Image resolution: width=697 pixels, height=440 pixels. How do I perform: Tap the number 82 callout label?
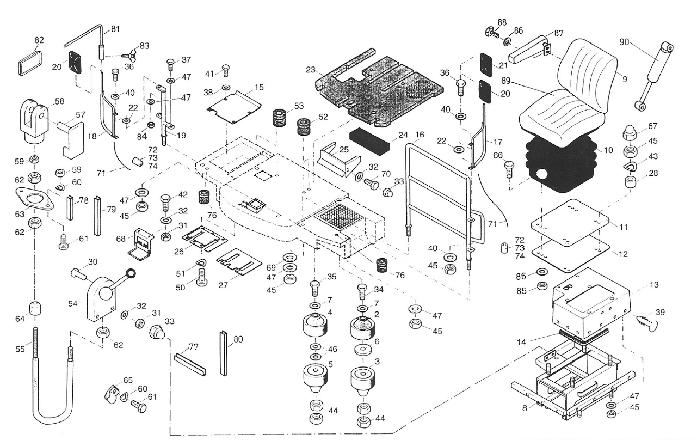[x=39, y=40]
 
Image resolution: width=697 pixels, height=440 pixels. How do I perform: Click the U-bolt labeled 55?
[x=52, y=381]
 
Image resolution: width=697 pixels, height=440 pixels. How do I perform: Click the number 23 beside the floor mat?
[x=311, y=69]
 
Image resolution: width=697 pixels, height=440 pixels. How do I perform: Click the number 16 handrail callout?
[x=420, y=134]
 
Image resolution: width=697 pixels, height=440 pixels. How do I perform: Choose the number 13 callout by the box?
[x=654, y=285]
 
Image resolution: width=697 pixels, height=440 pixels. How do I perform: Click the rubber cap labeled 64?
[x=36, y=308]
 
